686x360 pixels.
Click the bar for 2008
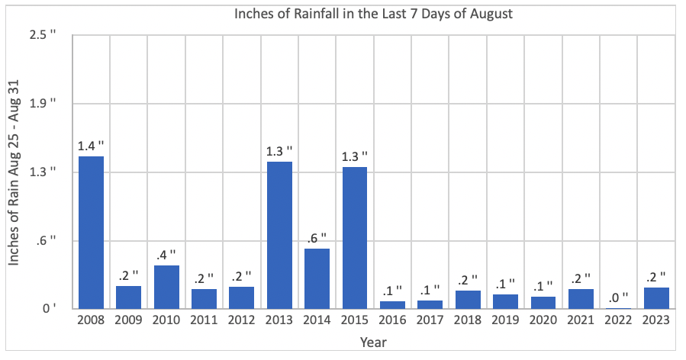click(91, 233)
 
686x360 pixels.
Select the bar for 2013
click(279, 235)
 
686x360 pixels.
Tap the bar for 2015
click(354, 238)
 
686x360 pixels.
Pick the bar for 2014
click(317, 278)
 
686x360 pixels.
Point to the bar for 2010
click(166, 287)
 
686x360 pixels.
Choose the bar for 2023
click(655, 298)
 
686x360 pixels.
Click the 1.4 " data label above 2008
click(91, 144)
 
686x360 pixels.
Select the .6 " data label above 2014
click(317, 236)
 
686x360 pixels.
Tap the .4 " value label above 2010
click(166, 253)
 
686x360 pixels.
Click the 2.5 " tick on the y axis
click(42, 35)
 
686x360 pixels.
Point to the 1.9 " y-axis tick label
click(42, 104)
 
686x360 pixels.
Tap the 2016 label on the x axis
click(392, 321)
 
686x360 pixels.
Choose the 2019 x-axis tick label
click(505, 321)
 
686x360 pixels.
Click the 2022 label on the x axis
click(618, 321)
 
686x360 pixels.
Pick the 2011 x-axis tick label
click(204, 321)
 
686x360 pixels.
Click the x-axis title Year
click(373, 342)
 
